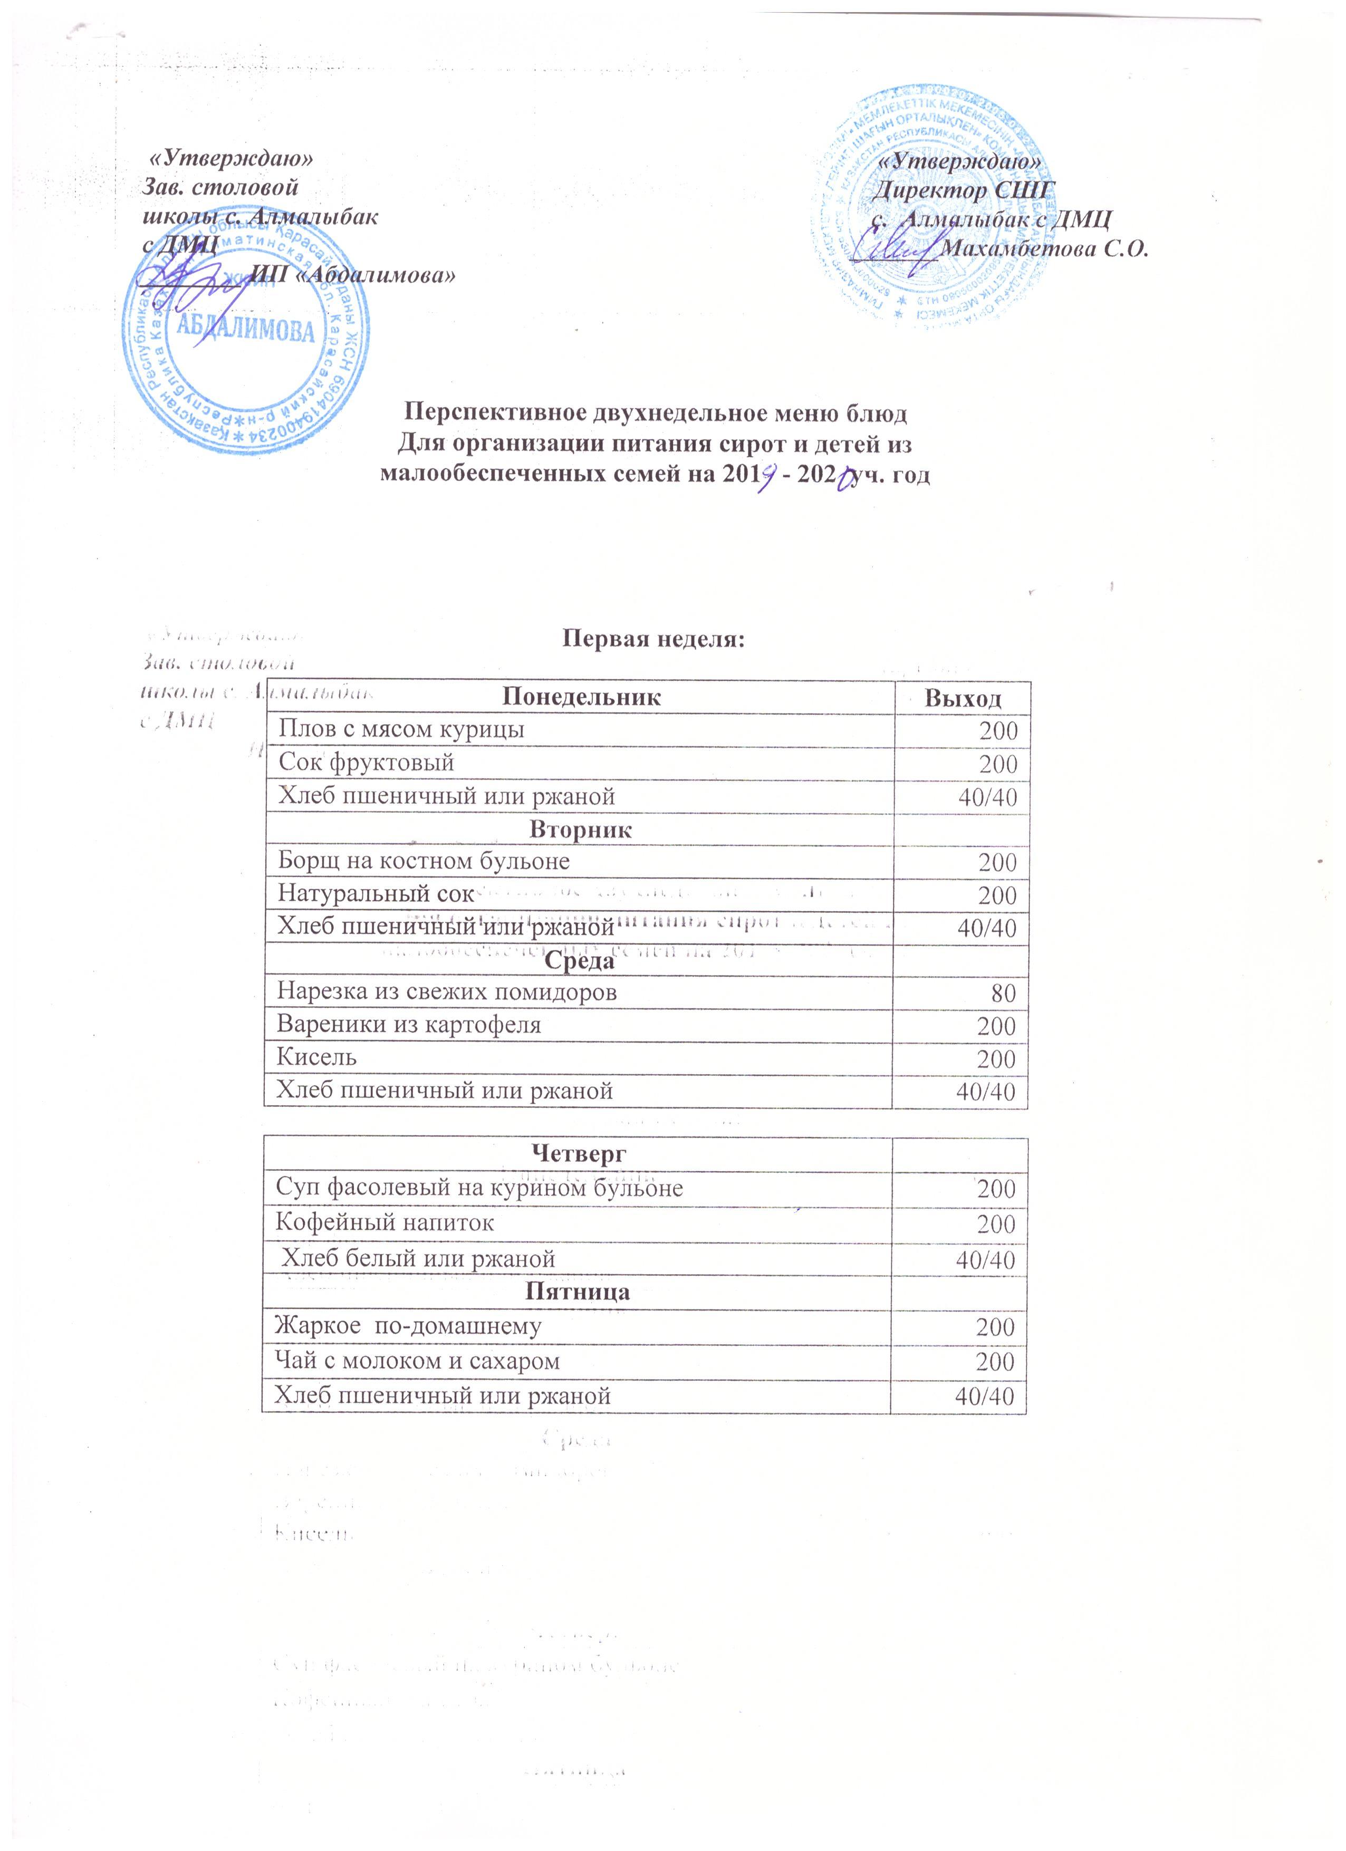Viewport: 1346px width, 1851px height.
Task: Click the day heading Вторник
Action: pos(580,829)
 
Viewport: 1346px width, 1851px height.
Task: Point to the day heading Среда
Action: pos(580,961)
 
